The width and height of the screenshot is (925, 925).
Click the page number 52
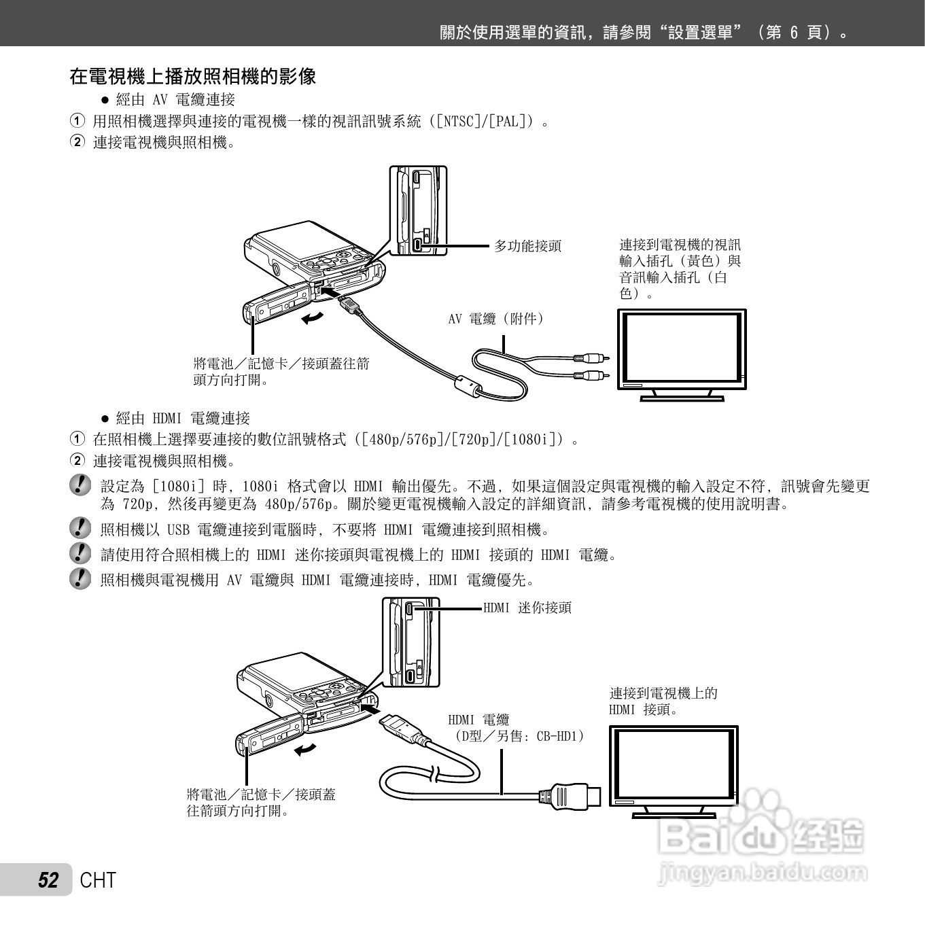[48, 880]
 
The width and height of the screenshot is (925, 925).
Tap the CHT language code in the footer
[98, 880]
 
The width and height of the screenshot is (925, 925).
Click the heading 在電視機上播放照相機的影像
[193, 76]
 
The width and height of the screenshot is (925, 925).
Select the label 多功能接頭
[527, 246]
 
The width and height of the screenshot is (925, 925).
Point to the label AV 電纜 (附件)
[496, 318]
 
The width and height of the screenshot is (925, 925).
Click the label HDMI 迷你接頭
[527, 608]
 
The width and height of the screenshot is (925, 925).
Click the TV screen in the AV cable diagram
[681, 347]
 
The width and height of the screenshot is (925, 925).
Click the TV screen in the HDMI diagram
[673, 763]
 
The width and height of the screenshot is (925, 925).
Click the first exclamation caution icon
[80, 485]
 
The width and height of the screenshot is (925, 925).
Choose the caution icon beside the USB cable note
[80, 528]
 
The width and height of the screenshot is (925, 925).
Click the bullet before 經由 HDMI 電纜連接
[105, 418]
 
